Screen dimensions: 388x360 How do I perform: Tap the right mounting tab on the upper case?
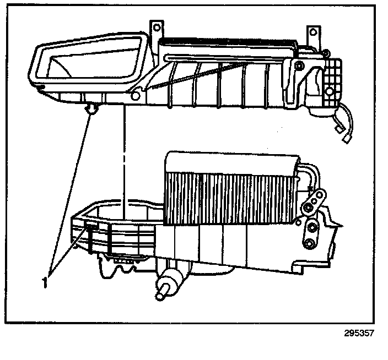pos(314,33)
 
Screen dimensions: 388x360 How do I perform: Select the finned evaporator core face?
pos(231,198)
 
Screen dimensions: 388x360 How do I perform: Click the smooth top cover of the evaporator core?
pos(231,161)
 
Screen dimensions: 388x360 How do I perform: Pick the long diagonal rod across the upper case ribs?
pos(193,77)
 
